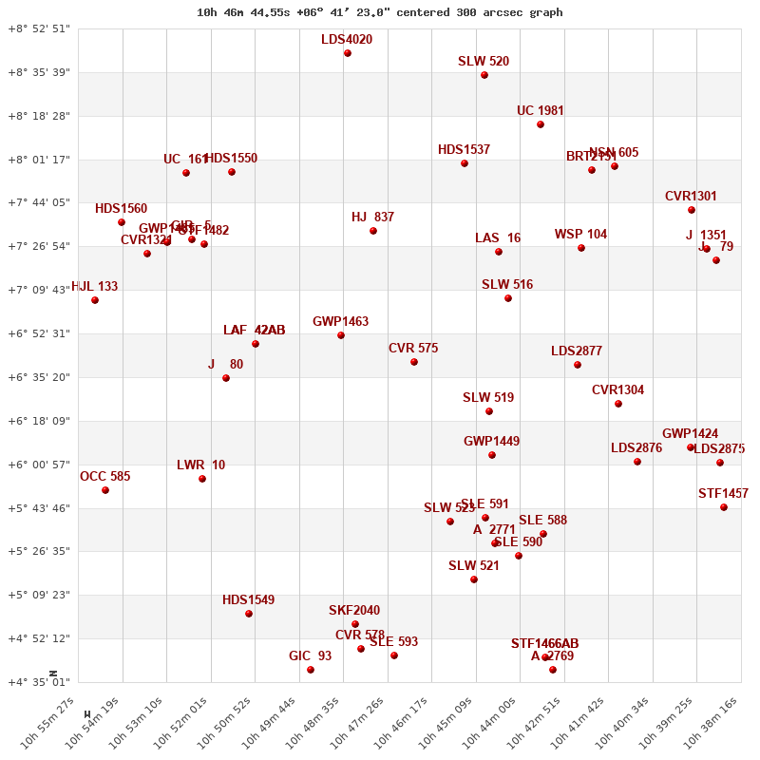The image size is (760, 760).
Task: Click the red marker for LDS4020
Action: click(x=348, y=53)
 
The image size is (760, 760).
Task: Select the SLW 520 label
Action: click(x=484, y=62)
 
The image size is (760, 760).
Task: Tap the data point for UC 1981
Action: click(x=541, y=124)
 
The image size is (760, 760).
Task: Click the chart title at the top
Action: click(x=380, y=12)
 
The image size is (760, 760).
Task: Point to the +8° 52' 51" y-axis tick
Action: click(x=39, y=28)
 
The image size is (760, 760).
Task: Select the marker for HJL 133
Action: click(x=95, y=300)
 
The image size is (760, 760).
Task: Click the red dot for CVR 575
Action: click(x=414, y=362)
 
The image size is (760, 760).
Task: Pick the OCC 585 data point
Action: click(x=105, y=490)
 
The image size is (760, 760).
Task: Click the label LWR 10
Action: click(x=200, y=465)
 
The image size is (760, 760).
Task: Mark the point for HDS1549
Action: click(x=249, y=614)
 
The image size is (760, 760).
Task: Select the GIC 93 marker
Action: click(x=311, y=670)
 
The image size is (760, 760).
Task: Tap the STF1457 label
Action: click(x=723, y=494)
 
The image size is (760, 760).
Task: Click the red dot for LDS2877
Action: click(x=578, y=365)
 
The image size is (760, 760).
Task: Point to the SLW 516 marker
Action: click(x=508, y=298)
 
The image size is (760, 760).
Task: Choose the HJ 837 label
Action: click(x=372, y=218)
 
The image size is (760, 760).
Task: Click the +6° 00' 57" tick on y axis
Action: click(x=39, y=465)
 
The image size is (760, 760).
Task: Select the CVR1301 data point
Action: click(x=692, y=210)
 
